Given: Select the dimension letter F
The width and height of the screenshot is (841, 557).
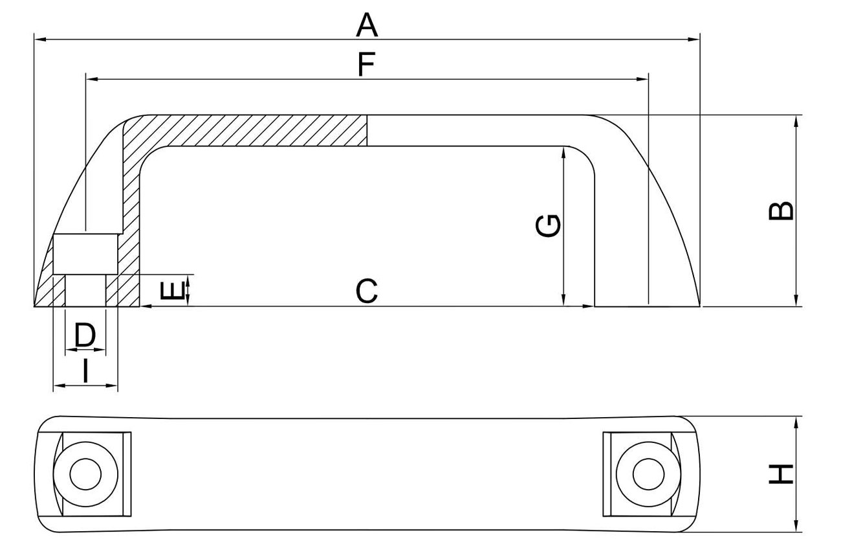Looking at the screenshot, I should [x=366, y=65].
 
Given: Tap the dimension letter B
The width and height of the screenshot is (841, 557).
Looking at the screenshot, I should [x=781, y=211].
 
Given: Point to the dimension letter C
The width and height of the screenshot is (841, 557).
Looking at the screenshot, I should [x=366, y=291].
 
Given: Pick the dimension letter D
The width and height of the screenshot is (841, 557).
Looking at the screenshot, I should [x=85, y=335].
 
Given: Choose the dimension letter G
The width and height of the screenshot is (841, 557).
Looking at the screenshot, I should [x=549, y=226].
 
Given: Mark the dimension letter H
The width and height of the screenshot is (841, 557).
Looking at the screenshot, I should [x=781, y=474].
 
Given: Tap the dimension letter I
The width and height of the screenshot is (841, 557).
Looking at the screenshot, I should [x=85, y=372].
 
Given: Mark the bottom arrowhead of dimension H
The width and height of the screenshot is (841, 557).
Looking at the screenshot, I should [x=796, y=527].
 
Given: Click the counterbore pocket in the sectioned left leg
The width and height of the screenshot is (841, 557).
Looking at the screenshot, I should [x=85, y=255].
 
